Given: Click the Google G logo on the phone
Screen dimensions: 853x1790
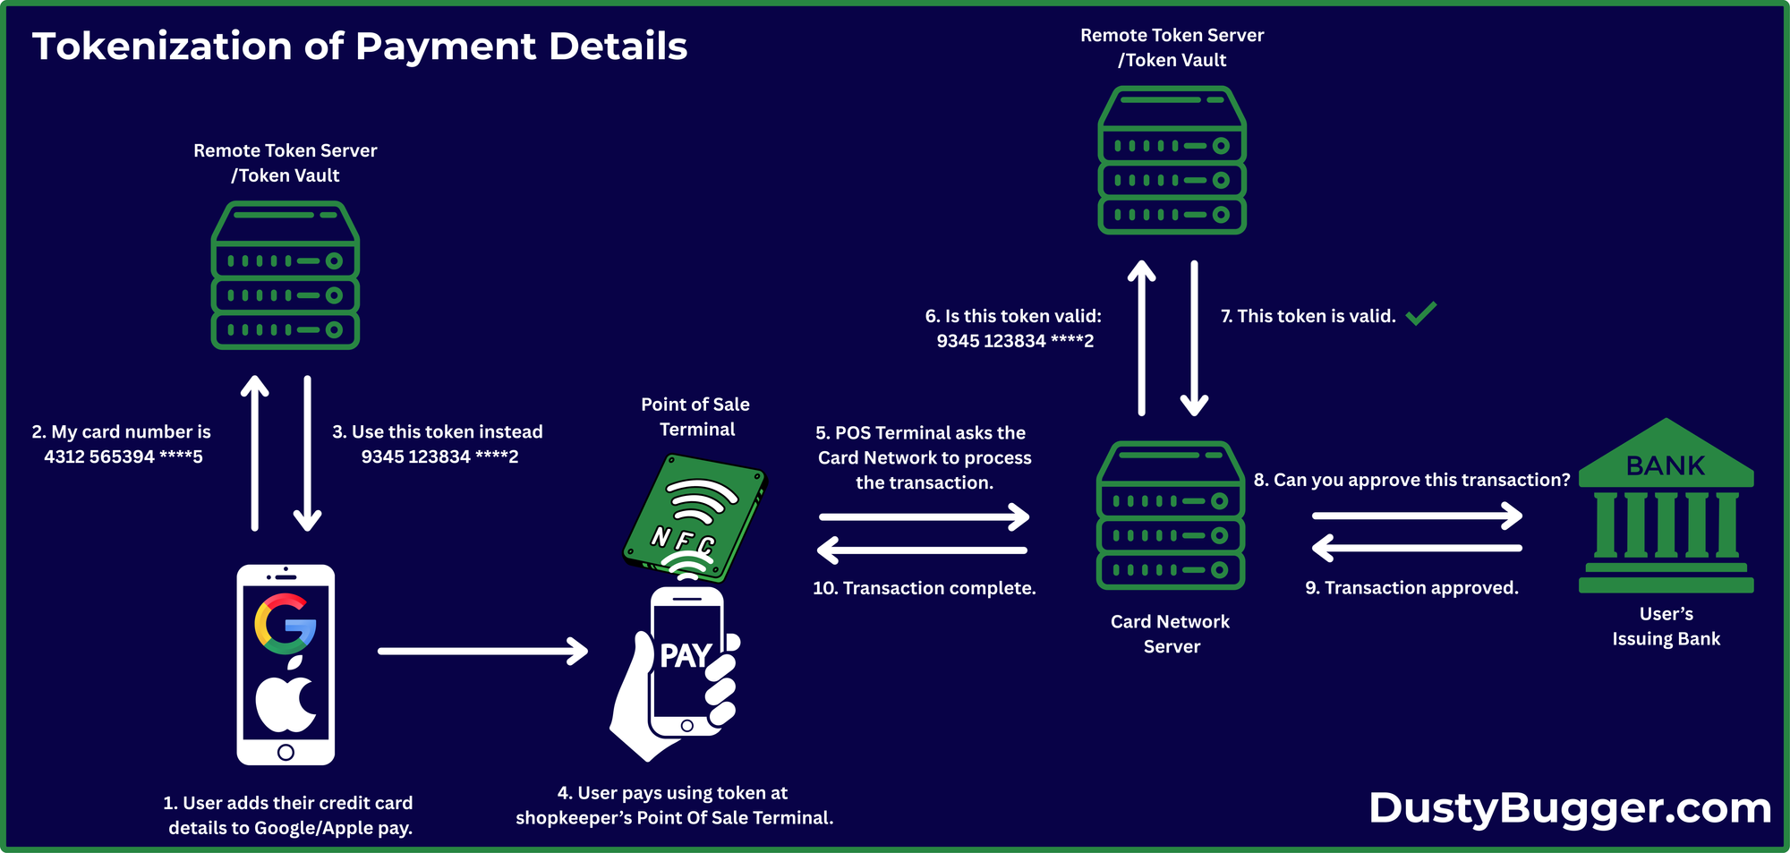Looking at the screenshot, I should pyautogui.click(x=286, y=623).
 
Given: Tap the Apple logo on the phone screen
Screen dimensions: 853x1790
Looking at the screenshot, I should pyautogui.click(x=286, y=698).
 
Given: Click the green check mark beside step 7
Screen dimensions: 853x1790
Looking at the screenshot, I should pyautogui.click(x=1420, y=313).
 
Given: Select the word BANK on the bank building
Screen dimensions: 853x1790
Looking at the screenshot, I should pyautogui.click(x=1666, y=465).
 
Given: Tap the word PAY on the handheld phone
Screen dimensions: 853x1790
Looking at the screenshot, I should pyautogui.click(x=686, y=656).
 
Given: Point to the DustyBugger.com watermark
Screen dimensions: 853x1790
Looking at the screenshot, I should pyautogui.click(x=1570, y=807).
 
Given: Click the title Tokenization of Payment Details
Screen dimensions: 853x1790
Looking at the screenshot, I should pyautogui.click(x=360, y=47).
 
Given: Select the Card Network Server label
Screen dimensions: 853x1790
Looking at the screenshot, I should pyautogui.click(x=1171, y=634).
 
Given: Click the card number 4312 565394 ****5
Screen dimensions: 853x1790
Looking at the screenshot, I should pyautogui.click(x=124, y=456).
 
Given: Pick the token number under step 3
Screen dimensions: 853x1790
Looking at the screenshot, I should pyautogui.click(x=439, y=456).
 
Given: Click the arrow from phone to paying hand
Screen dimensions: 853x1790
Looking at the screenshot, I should pyautogui.click(x=482, y=651).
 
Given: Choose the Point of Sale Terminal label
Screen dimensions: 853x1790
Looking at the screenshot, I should pyautogui.click(x=695, y=417).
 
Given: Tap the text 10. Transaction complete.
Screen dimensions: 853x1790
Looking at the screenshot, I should pyautogui.click(x=924, y=588).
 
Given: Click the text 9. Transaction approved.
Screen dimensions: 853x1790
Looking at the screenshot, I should pyautogui.click(x=1411, y=588).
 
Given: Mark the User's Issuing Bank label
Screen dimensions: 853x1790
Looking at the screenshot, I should pyautogui.click(x=1666, y=627).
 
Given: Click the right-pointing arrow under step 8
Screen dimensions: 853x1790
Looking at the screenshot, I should pyautogui.click(x=1417, y=516).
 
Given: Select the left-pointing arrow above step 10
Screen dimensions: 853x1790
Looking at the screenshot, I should pyautogui.click(x=923, y=550).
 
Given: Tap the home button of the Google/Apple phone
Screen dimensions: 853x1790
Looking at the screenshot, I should pyautogui.click(x=286, y=752).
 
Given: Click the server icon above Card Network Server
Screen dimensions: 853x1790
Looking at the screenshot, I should pyautogui.click(x=1171, y=515).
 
